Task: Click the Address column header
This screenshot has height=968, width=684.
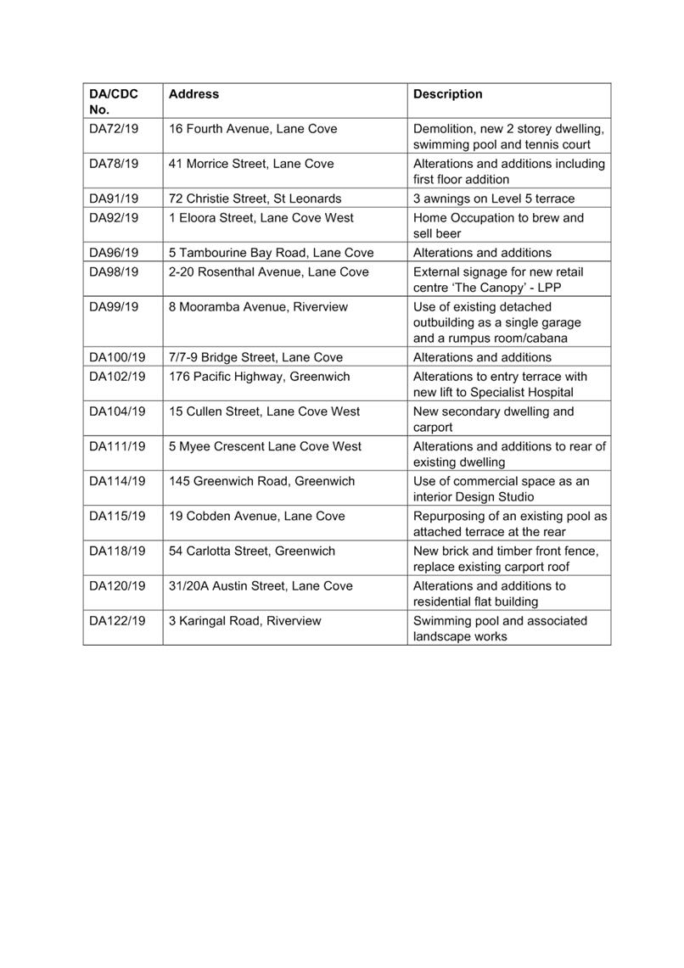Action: (193, 94)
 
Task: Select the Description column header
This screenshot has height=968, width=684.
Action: (447, 94)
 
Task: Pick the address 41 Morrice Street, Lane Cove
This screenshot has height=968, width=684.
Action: (251, 164)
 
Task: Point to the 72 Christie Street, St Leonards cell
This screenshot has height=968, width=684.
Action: (255, 199)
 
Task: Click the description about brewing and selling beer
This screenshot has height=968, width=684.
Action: (498, 226)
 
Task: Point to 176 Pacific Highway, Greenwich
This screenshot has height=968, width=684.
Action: (259, 377)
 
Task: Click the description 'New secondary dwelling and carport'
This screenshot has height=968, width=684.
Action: (493, 419)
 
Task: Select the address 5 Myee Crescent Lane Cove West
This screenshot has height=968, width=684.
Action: (265, 446)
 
